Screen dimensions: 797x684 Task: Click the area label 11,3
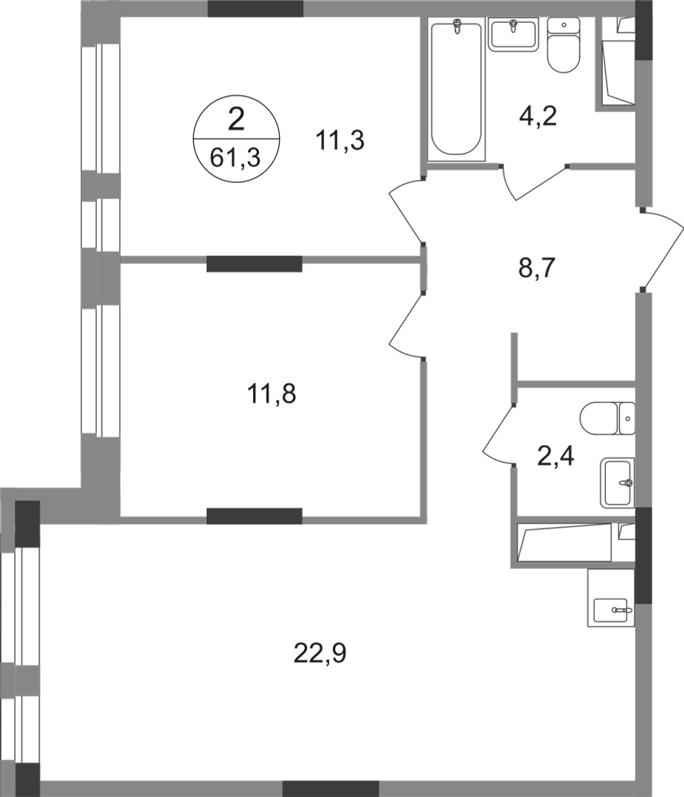[x=341, y=139]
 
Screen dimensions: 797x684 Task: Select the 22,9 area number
[x=319, y=652]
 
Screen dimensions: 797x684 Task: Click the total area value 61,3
[x=236, y=157]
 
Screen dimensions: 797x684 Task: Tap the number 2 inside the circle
[x=236, y=118]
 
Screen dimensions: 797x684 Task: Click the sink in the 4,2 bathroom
[x=512, y=34]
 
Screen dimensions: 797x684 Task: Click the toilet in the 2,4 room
[x=607, y=418]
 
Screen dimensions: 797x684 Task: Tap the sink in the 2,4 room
[x=617, y=483]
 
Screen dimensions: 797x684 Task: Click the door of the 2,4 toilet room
[x=500, y=435]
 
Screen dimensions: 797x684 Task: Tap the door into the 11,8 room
[x=406, y=325]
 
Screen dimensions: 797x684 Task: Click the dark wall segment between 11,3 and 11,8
[x=255, y=263]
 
